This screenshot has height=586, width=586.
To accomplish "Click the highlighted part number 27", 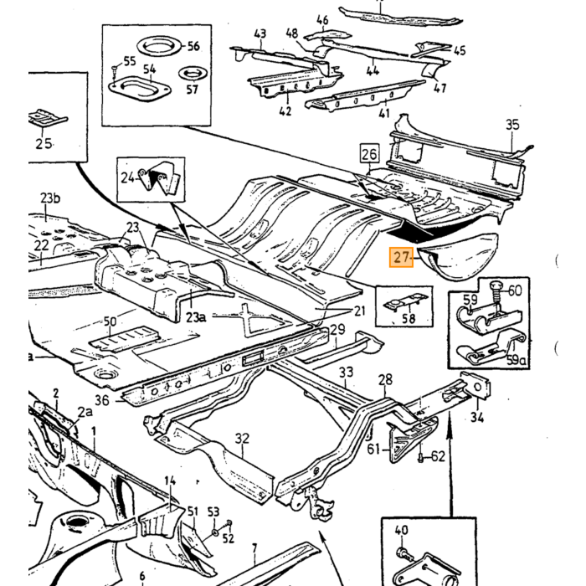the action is point(401,258).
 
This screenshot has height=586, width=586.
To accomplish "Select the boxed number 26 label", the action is point(369,153).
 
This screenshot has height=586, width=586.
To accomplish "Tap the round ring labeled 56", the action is point(159,47).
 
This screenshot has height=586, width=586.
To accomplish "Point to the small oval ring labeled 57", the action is point(193,74).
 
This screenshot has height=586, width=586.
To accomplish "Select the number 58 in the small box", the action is point(409,318).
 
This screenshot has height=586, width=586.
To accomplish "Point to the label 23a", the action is point(196,317).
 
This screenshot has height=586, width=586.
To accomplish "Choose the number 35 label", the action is point(512,125).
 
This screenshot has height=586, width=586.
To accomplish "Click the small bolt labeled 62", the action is point(420,457).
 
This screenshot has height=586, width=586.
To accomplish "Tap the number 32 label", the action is point(242,438).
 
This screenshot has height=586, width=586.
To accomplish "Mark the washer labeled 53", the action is point(214,531).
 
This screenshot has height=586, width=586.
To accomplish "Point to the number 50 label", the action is point(110,321).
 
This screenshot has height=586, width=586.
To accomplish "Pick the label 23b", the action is point(50,198).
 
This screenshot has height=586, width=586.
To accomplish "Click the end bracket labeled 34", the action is point(475,385).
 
